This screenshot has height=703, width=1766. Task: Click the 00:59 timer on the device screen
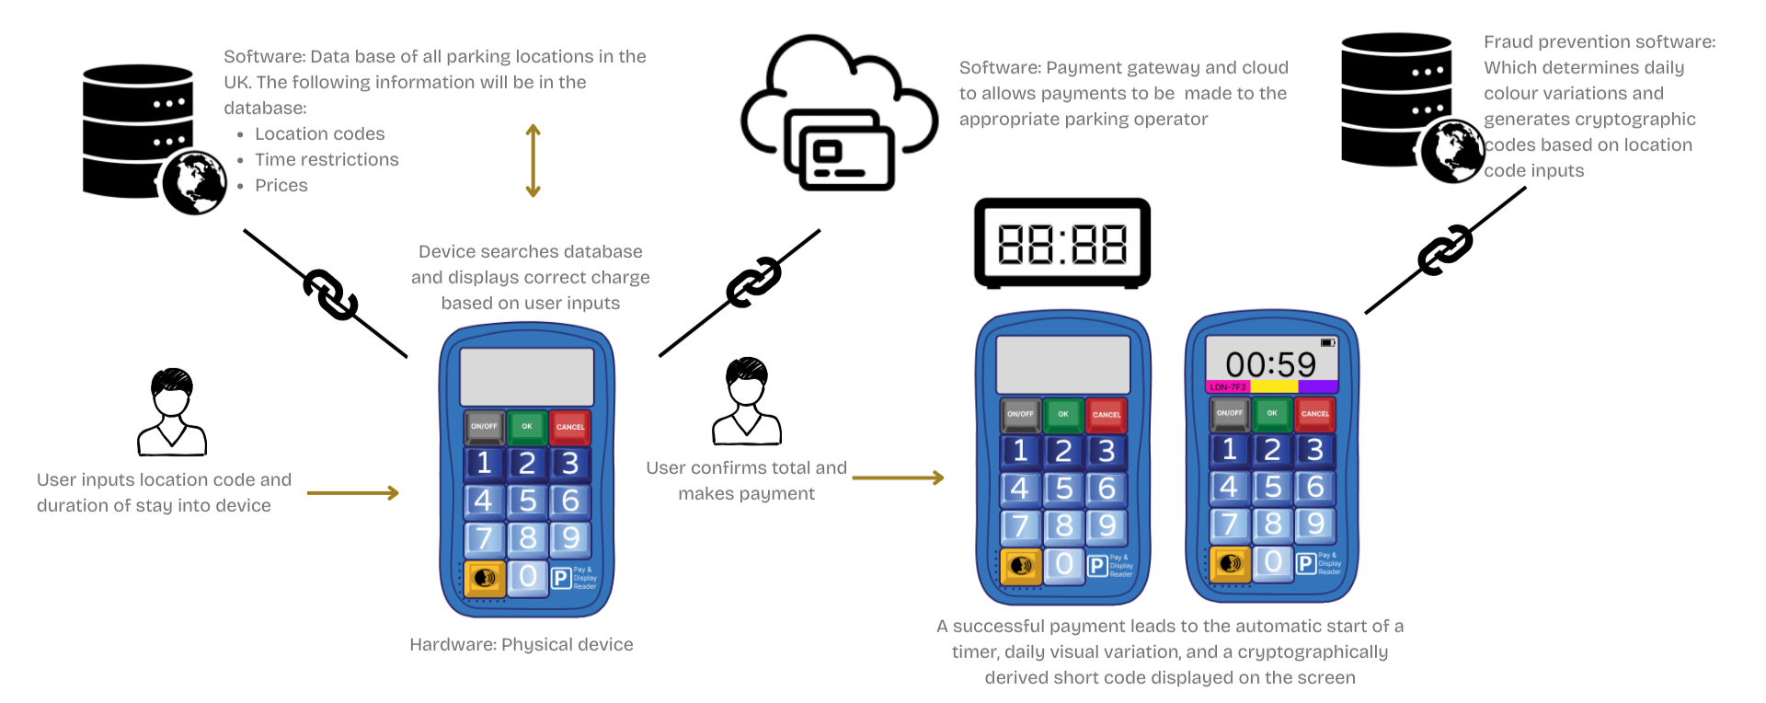coord(1270,364)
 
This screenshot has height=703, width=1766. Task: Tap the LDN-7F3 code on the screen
coord(1228,387)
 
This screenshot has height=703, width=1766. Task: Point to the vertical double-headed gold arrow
coord(533,161)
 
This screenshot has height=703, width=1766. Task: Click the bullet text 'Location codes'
coord(319,134)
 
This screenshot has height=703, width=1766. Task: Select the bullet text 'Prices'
coord(281,186)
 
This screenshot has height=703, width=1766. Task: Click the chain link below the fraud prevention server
coord(1445,250)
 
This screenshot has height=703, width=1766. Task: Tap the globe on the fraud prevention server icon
coord(1452,152)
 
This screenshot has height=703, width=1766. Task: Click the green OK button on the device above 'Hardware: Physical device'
coord(527,427)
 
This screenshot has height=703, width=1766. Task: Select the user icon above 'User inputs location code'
coord(172,412)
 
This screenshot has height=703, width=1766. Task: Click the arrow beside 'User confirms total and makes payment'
coord(898,478)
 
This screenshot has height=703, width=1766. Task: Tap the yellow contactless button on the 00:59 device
coord(1230,563)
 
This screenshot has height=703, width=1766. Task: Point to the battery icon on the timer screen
coord(1327,342)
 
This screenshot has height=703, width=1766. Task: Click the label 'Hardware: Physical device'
coord(521,645)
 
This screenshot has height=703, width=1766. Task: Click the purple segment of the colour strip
coord(1318,387)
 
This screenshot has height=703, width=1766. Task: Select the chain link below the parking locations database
coord(330,295)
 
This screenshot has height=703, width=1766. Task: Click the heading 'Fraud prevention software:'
coord(1599,42)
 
